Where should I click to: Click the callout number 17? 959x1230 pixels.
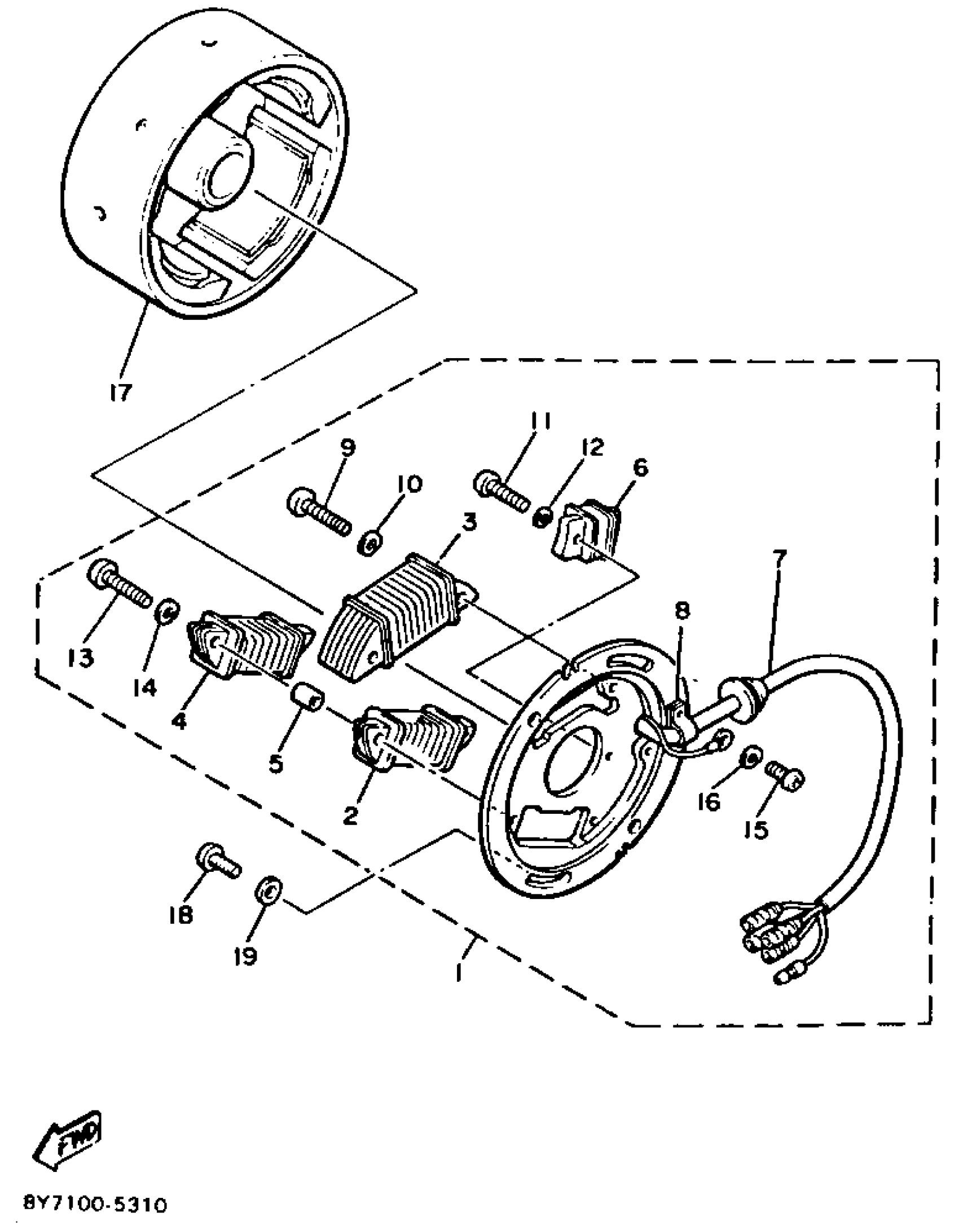click(x=120, y=391)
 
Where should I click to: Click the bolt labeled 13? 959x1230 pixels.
click(x=119, y=584)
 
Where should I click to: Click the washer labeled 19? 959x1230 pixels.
click(x=269, y=892)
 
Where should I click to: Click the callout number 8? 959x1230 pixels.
click(x=682, y=611)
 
